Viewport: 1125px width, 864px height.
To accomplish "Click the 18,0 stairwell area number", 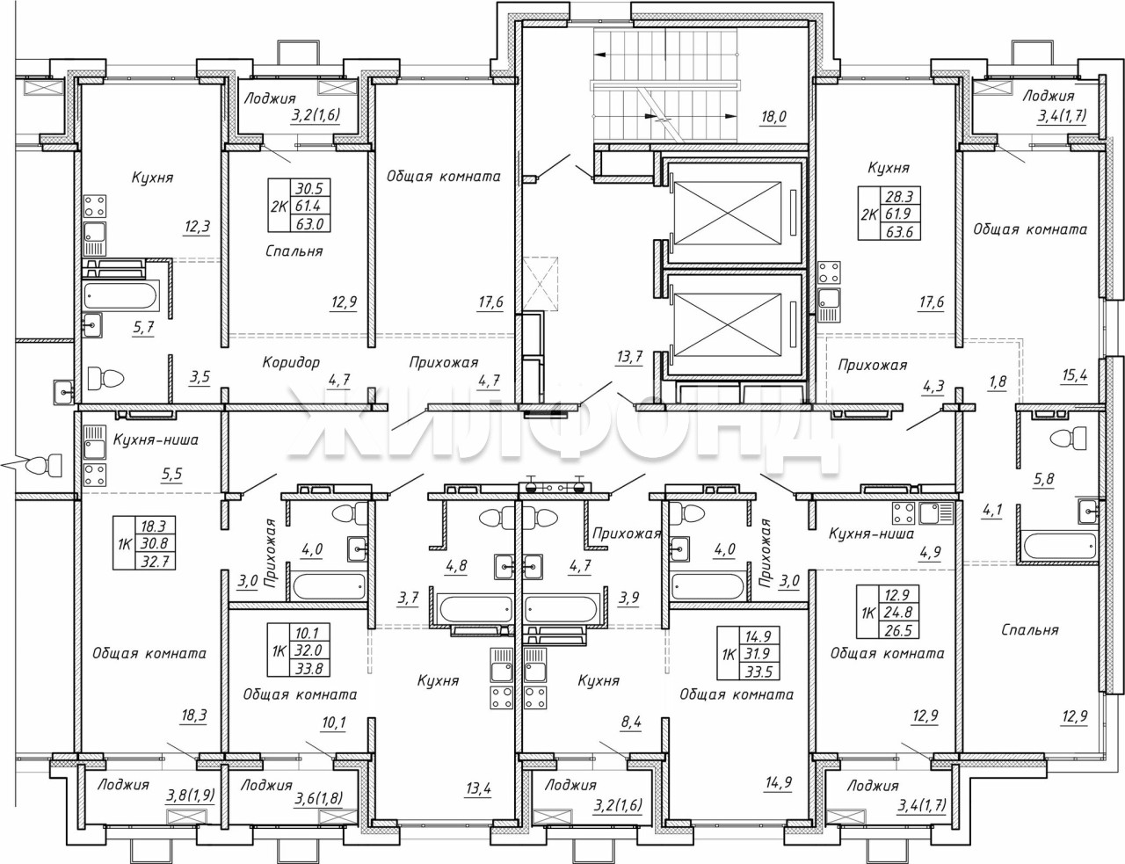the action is [773, 117].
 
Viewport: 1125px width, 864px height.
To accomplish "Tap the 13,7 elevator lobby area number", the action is [629, 357].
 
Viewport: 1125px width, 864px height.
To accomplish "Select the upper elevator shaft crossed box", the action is [728, 212].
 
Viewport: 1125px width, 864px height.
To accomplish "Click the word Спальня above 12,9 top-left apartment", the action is [294, 251].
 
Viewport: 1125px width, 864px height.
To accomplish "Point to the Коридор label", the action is [291, 362].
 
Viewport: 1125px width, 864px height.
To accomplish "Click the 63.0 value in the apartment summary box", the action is [308, 224].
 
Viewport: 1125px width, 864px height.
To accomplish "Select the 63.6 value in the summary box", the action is [899, 231].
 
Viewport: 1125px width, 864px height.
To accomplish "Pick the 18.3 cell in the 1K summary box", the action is [155, 526].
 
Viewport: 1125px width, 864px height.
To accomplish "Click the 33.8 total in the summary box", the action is [308, 668].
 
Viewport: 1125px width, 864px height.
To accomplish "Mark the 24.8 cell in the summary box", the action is [899, 613].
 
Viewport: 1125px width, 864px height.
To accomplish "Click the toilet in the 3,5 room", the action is [106, 379].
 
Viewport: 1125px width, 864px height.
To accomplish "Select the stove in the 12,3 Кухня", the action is [95, 206].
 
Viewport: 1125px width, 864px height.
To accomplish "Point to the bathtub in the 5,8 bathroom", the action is [1056, 546].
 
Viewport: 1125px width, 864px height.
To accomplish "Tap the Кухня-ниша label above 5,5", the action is [156, 440].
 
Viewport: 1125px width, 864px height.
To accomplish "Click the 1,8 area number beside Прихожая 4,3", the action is [998, 381].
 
